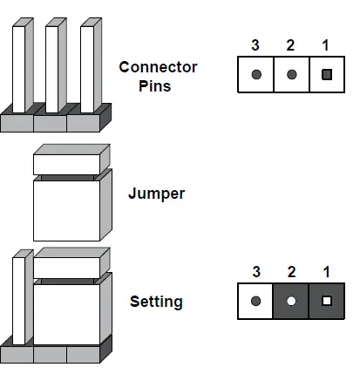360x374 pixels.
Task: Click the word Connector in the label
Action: pyautogui.click(x=158, y=67)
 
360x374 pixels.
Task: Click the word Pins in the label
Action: pyautogui.click(x=157, y=86)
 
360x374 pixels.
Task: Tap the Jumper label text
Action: pyautogui.click(x=156, y=194)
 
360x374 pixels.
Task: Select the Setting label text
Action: pyautogui.click(x=156, y=303)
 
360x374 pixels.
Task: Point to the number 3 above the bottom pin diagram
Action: pyautogui.click(x=256, y=273)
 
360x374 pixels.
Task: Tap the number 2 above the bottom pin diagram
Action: pyautogui.click(x=291, y=273)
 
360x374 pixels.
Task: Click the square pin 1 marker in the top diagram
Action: pyautogui.click(x=327, y=75)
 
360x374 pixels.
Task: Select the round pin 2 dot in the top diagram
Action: pyautogui.click(x=291, y=75)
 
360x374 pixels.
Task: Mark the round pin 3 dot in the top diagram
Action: pyautogui.click(x=256, y=75)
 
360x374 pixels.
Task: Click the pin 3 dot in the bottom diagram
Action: pyautogui.click(x=256, y=302)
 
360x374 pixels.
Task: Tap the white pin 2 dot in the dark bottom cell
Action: pyautogui.click(x=291, y=302)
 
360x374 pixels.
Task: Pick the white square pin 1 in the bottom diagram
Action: pyautogui.click(x=327, y=302)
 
